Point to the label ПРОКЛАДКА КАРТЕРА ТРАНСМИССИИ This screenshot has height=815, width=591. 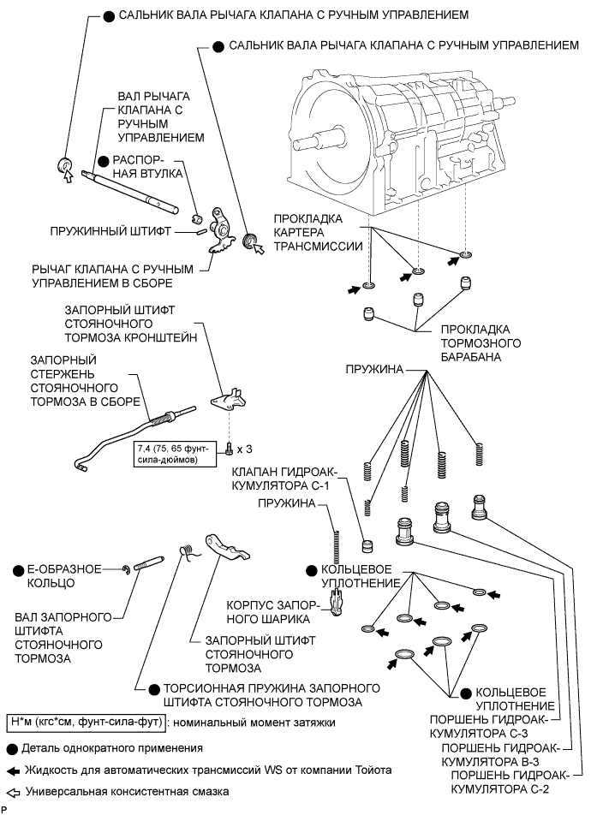[x=314, y=231]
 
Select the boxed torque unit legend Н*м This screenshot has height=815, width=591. [x=85, y=722]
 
